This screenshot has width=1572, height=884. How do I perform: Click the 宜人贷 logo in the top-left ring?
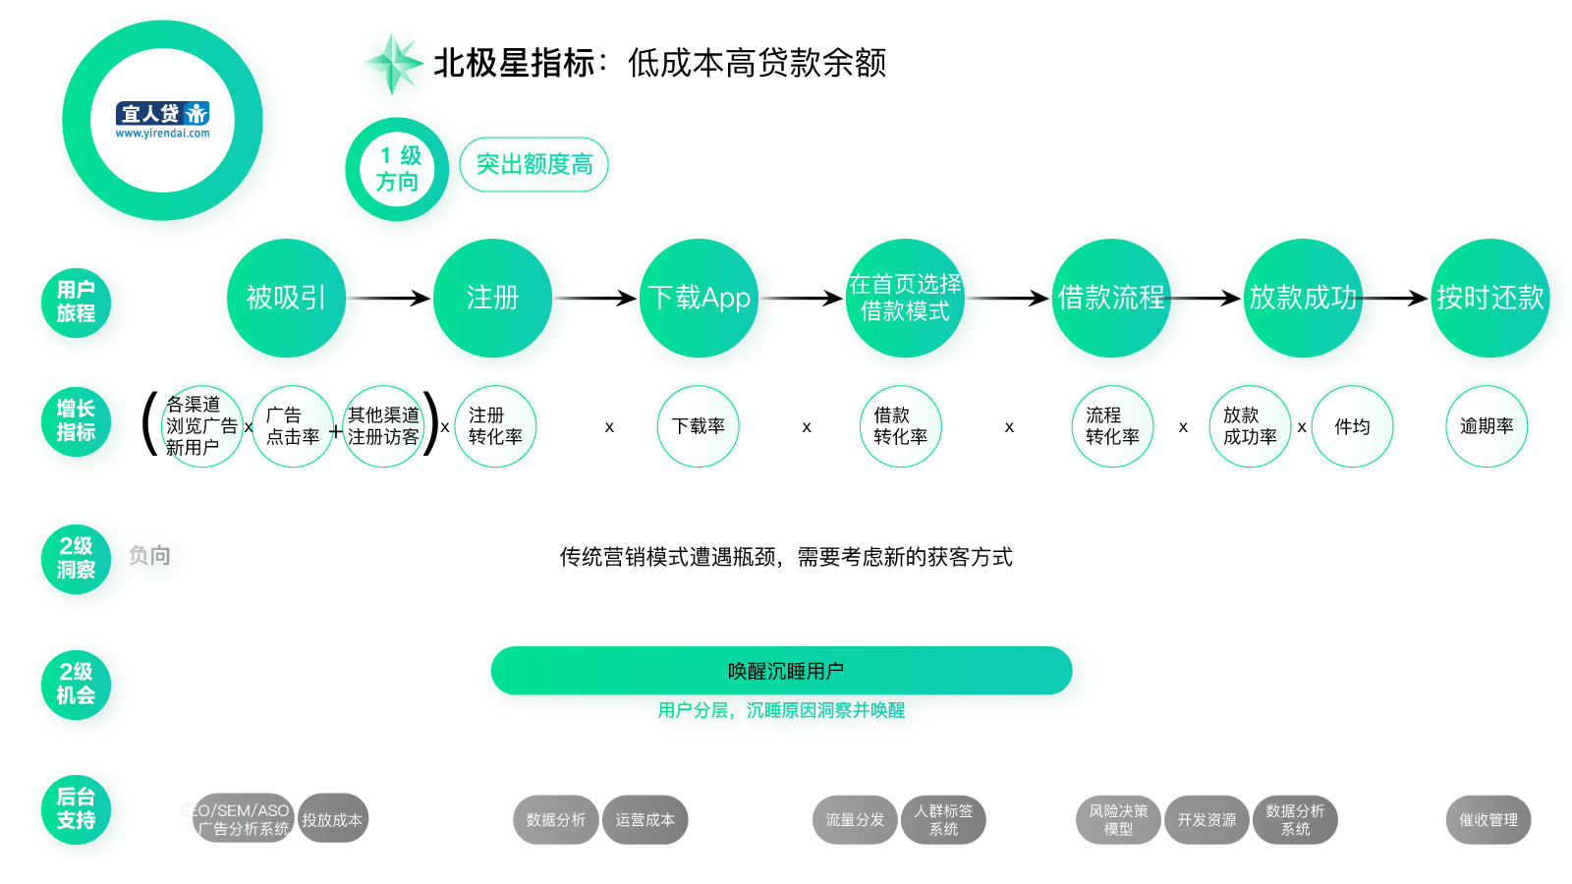point(163,120)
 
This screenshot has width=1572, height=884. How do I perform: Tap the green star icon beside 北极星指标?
point(392,63)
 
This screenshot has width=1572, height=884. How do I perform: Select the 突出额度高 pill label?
point(533,164)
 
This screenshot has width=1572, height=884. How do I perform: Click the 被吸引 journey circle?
point(286,298)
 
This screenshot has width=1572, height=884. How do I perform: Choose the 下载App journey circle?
point(699,298)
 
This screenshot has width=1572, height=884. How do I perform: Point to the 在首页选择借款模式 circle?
point(905,298)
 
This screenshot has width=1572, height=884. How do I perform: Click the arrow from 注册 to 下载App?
point(595,298)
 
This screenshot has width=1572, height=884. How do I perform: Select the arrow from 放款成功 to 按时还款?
point(1395,298)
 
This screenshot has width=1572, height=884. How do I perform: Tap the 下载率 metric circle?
point(698,426)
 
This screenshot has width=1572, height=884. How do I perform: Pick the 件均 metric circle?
point(1352,426)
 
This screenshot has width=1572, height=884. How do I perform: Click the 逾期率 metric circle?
point(1487,426)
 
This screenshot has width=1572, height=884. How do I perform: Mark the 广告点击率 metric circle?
point(293,426)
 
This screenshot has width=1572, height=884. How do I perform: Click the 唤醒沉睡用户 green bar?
point(781,671)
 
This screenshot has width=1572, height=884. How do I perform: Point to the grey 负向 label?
point(149,556)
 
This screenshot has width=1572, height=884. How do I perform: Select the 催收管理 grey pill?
point(1488,820)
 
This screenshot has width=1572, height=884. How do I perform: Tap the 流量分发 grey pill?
point(854,820)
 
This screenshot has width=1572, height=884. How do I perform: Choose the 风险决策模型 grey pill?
point(1118,820)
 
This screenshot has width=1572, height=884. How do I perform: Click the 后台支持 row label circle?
point(76,809)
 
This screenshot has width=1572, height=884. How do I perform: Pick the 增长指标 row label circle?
point(76,421)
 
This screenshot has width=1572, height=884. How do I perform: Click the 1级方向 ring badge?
point(397,169)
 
